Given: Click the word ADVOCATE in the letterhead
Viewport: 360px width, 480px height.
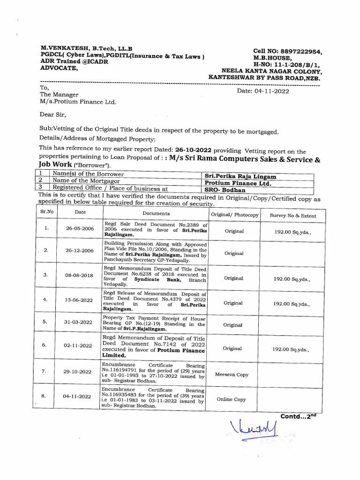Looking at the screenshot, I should (x=60, y=68).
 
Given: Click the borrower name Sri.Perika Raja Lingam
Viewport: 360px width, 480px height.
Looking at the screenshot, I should (x=240, y=176).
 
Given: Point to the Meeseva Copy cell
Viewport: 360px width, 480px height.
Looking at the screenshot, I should (x=232, y=375).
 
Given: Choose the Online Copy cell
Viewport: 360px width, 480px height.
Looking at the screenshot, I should (x=232, y=399).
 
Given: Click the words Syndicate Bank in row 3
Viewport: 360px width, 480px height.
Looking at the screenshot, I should (x=159, y=278).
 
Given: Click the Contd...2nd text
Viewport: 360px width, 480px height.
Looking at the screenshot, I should (x=300, y=416).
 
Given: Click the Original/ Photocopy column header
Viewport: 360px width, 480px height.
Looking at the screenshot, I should (x=234, y=215).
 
